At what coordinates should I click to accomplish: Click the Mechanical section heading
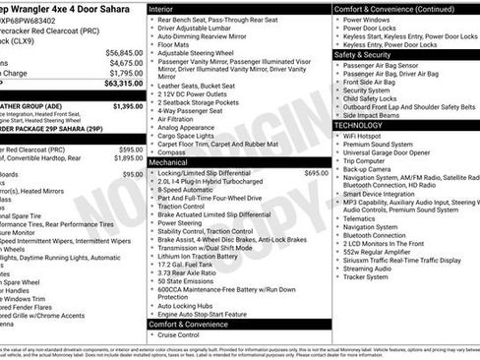coord(168,161)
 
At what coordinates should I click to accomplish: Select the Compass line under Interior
coord(171,152)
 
